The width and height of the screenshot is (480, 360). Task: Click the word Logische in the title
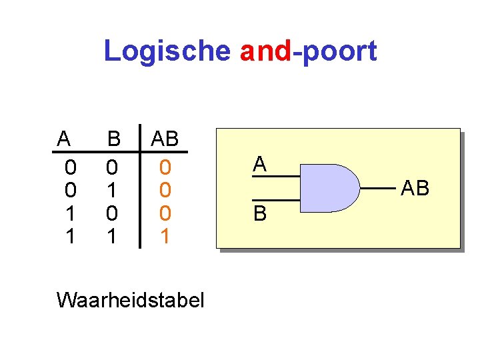(167, 51)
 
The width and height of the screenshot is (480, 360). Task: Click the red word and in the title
(265, 51)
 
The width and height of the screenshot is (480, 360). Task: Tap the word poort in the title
(339, 51)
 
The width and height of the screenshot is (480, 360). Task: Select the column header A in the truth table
(63, 139)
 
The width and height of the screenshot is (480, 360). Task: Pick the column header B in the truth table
(114, 139)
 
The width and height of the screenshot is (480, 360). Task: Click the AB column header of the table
(165, 139)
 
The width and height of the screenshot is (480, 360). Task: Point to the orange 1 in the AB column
(165, 236)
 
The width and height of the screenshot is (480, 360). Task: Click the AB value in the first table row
(165, 165)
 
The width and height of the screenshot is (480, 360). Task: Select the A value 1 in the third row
(70, 213)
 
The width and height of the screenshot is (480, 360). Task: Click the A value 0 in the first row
(70, 165)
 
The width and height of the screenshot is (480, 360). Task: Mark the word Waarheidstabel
(131, 300)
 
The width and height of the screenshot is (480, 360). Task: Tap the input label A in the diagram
(260, 164)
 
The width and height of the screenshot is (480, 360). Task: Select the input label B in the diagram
(260, 213)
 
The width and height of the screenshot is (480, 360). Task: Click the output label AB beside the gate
(415, 189)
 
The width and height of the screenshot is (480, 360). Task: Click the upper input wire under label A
(275, 177)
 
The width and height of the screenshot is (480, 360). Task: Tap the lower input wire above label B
(275, 200)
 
